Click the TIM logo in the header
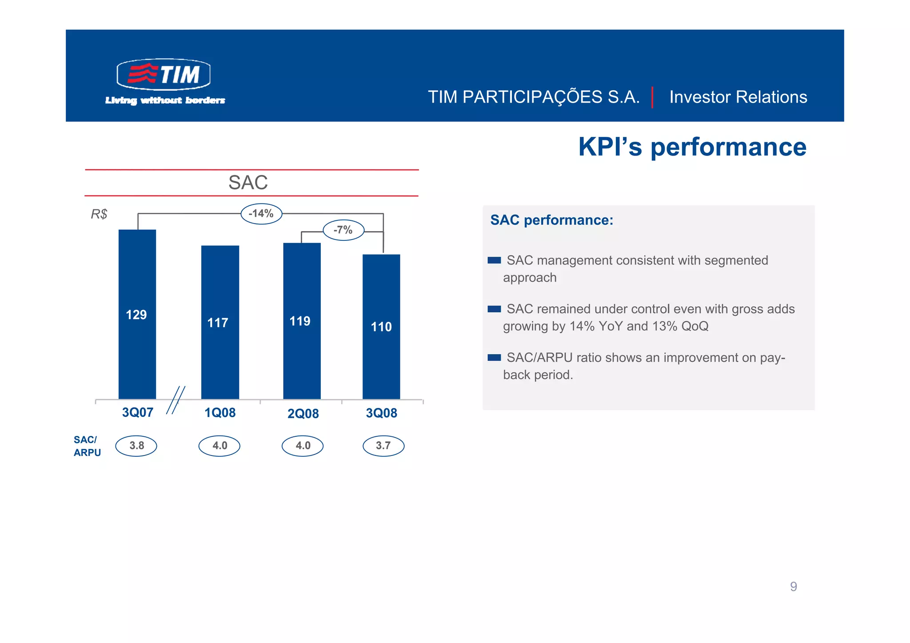[164, 74]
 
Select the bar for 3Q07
[137, 314]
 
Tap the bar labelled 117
[220, 322]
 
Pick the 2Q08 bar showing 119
[302, 320]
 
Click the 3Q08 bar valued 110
[381, 326]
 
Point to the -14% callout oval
[261, 214]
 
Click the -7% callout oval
[343, 230]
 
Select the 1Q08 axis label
[220, 413]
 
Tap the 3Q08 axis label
[381, 413]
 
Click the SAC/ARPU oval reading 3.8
[136, 446]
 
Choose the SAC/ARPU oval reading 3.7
[383, 446]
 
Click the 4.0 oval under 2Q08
[303, 446]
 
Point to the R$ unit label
[99, 214]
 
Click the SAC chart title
[248, 183]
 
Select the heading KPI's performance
[692, 147]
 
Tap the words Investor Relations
[738, 97]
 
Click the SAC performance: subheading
[551, 220]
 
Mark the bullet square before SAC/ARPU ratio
[494, 358]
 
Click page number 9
[793, 587]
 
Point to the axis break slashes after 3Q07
[176, 400]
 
